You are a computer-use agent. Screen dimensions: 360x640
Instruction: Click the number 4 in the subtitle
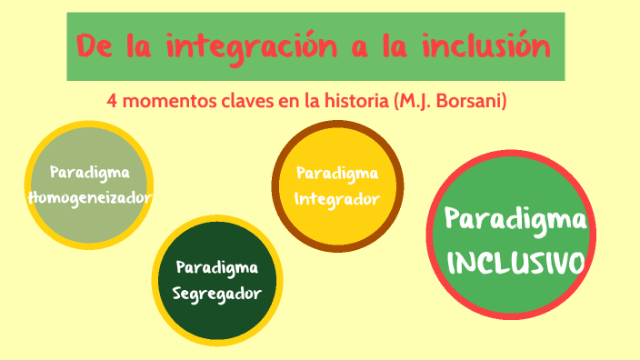tap(112, 101)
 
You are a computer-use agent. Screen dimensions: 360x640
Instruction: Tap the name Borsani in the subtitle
tap(468, 101)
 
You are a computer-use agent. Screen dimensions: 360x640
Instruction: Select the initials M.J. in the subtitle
tap(413, 101)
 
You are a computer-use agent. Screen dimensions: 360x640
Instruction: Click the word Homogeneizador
tap(90, 197)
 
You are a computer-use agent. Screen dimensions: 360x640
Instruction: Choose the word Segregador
tap(217, 294)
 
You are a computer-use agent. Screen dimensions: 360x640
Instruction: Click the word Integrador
tap(336, 198)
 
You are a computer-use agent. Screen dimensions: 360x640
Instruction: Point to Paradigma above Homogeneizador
tap(90, 172)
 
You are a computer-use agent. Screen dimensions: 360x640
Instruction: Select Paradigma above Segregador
tap(217, 267)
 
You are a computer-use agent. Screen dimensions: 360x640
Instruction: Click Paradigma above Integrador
tap(336, 172)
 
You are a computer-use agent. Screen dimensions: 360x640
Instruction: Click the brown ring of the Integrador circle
tap(338, 128)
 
